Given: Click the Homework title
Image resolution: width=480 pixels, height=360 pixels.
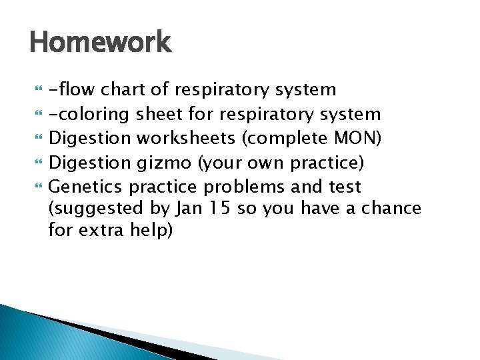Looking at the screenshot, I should click(101, 43).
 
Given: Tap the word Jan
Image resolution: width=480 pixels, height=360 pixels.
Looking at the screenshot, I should click(189, 209).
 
